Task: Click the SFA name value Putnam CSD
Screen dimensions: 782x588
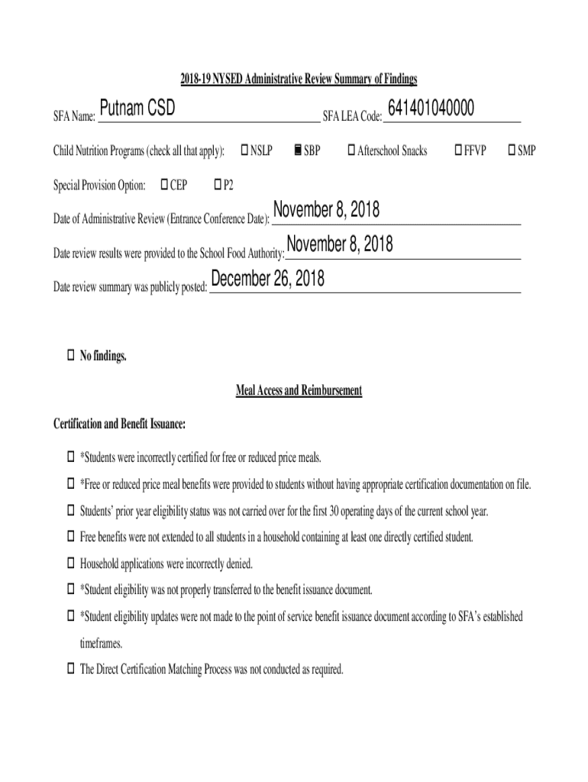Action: click(137, 111)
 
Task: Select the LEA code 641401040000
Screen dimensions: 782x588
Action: click(431, 110)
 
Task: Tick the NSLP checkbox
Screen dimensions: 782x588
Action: click(245, 150)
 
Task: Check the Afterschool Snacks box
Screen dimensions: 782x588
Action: click(352, 150)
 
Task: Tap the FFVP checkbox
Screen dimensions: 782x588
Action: click(458, 150)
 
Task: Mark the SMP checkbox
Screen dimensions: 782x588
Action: click(512, 150)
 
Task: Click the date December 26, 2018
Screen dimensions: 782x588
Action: click(267, 280)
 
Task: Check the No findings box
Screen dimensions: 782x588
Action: click(69, 355)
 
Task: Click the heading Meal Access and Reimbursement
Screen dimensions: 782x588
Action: click(299, 391)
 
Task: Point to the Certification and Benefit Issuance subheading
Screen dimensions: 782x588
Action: click(119, 424)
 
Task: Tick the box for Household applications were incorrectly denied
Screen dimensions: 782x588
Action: click(69, 564)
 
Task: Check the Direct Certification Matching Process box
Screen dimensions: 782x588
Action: click(69, 669)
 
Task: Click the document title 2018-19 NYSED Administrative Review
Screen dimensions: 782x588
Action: click(299, 79)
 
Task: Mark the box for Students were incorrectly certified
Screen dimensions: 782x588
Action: click(69, 457)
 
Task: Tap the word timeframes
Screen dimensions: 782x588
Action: click(101, 643)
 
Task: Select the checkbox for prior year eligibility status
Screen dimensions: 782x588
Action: click(69, 510)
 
